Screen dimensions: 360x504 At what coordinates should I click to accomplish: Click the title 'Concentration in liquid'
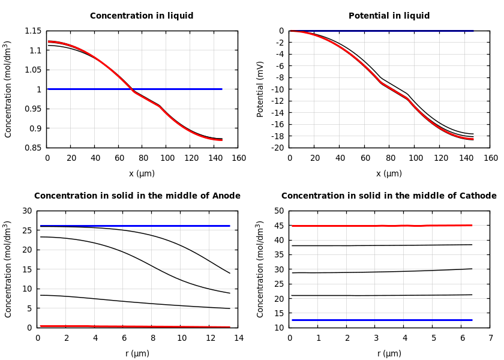pyautogui.click(x=142, y=16)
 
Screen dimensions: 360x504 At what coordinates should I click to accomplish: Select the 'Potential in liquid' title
pyautogui.click(x=389, y=16)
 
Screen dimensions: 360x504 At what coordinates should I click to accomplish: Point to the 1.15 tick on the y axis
pyautogui.click(x=33, y=31)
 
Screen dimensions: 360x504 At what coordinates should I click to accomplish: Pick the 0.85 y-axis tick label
pyautogui.click(x=33, y=148)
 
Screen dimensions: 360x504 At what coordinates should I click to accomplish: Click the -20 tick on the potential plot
pyautogui.click(x=277, y=148)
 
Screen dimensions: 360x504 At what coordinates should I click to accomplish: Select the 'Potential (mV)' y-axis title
pyautogui.click(x=260, y=89)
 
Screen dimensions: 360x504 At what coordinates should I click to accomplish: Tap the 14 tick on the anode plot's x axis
pyautogui.click(x=238, y=338)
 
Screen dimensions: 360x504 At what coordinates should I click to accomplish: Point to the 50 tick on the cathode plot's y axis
pyautogui.click(x=278, y=211)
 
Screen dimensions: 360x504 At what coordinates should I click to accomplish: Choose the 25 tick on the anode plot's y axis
pyautogui.click(x=26, y=230)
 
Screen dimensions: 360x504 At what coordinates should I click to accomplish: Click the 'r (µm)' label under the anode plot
pyautogui.click(x=137, y=353)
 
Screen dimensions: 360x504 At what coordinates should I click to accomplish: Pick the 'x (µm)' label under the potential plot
pyautogui.click(x=389, y=173)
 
